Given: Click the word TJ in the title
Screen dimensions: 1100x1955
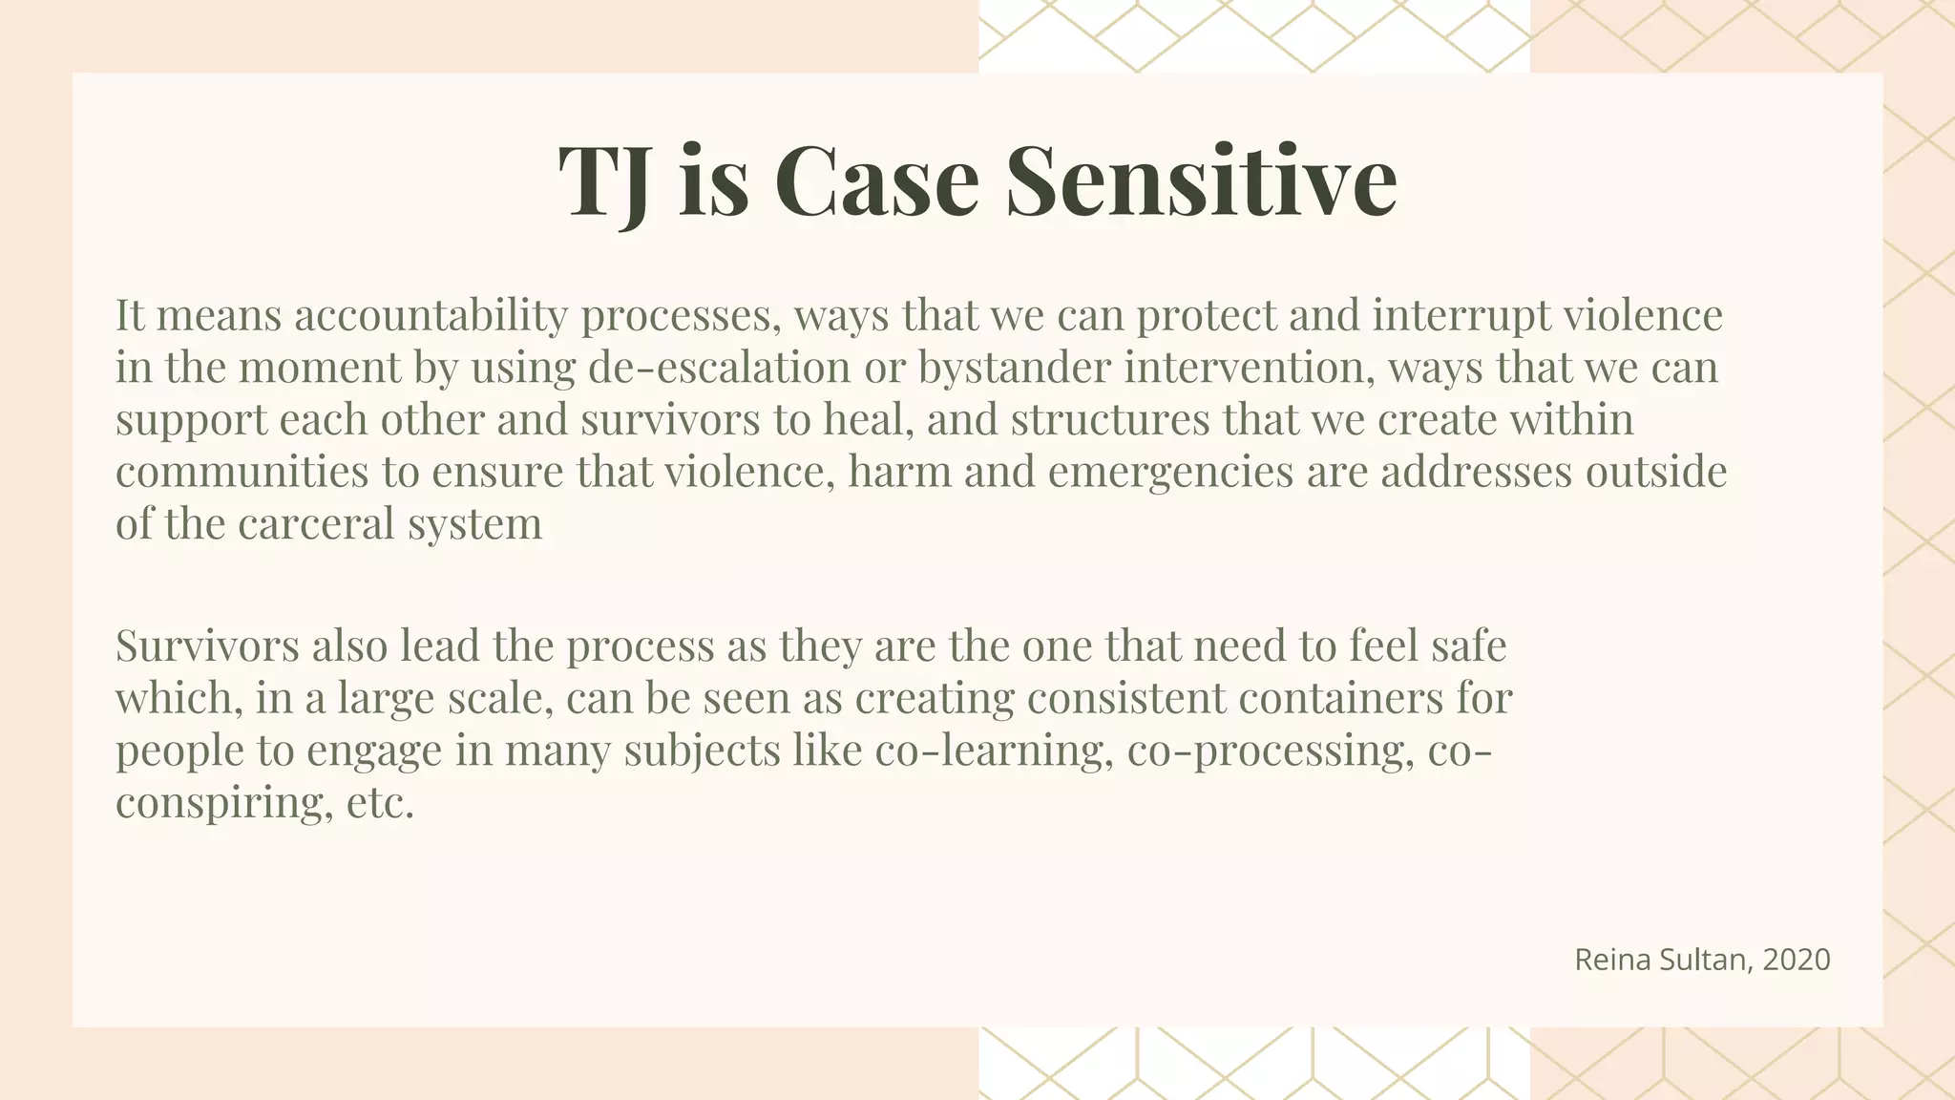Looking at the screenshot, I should (x=604, y=181).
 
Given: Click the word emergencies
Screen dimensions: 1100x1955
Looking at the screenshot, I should (x=1170, y=473).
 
